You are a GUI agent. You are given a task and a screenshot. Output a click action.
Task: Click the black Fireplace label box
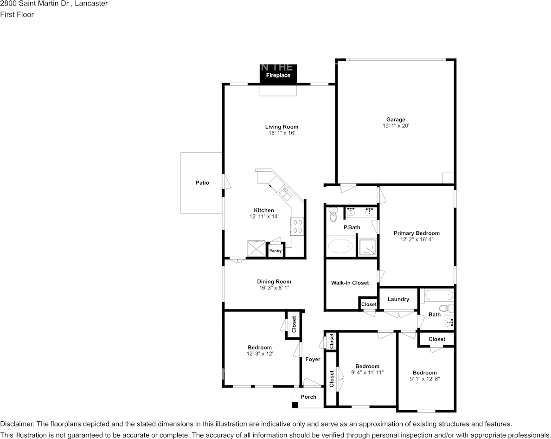tap(278, 75)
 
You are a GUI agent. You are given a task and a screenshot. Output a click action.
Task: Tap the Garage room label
tap(396, 120)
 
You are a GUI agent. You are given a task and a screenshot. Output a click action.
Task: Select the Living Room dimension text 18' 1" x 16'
tap(282, 133)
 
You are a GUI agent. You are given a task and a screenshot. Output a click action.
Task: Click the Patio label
tap(202, 183)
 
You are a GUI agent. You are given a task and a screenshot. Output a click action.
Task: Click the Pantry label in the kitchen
tap(275, 251)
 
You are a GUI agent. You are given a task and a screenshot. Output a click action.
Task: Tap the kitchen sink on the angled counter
tap(283, 191)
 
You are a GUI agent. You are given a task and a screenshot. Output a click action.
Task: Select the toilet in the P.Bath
tap(333, 215)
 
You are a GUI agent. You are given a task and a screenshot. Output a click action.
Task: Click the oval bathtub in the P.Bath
tap(340, 246)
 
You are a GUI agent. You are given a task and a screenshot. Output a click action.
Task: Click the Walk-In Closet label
tap(350, 283)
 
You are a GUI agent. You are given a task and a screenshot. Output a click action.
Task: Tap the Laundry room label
tap(398, 299)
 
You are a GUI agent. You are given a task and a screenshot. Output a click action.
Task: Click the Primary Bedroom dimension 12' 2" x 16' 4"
tap(416, 240)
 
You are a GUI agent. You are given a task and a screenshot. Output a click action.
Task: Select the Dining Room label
tap(274, 282)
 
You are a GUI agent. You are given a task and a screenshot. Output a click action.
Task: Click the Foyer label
tap(313, 359)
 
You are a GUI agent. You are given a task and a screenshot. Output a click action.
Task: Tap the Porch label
tap(308, 397)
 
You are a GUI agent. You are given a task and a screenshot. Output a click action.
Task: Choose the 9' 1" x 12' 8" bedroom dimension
tap(424, 379)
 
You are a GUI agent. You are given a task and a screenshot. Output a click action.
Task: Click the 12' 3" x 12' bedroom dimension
tap(259, 354)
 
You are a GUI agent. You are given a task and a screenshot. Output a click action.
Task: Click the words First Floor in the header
tap(17, 14)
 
